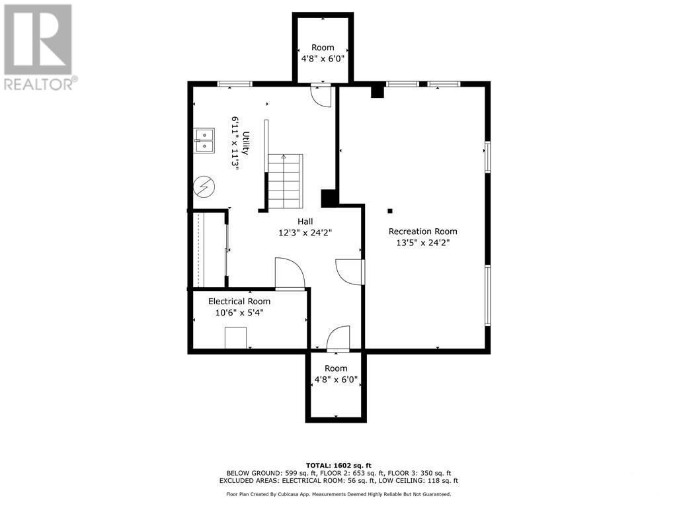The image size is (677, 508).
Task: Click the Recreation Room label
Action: [422, 232]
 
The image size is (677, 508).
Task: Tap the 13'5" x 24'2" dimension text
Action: [422, 243]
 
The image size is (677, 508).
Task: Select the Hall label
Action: [305, 222]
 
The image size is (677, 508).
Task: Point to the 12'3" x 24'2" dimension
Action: [305, 233]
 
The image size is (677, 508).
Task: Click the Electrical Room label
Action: [239, 301]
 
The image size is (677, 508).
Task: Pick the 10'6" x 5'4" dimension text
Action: [239, 312]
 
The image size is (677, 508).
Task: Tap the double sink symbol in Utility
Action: [204, 140]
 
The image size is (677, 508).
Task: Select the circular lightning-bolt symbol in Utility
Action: [204, 187]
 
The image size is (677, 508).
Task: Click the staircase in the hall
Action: [285, 179]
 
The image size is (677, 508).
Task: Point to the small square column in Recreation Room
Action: [390, 211]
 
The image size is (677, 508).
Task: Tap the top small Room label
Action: [323, 48]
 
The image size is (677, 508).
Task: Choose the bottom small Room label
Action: [336, 368]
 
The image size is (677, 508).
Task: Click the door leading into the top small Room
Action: [321, 95]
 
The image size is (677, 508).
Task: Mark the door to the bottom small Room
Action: [338, 337]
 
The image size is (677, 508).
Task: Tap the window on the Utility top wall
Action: [235, 84]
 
